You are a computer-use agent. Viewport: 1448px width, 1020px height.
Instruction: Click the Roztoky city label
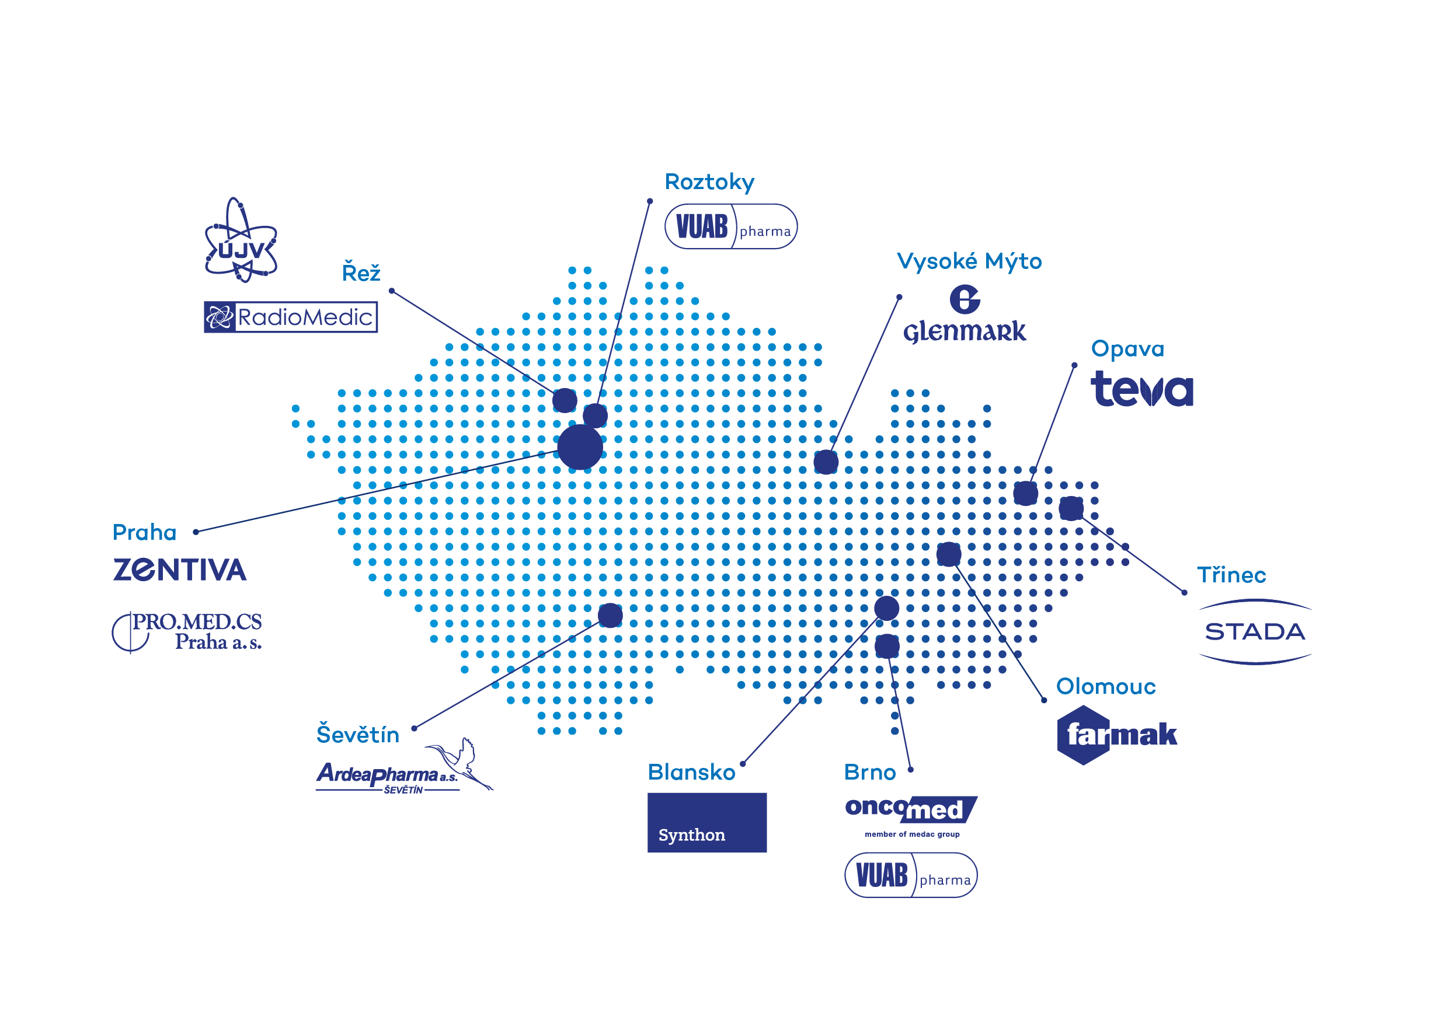[709, 182]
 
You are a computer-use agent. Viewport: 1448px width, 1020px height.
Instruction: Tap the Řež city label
[361, 272]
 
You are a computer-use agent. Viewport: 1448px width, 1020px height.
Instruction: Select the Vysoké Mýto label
[969, 261]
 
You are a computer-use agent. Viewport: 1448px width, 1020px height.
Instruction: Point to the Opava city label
[1127, 348]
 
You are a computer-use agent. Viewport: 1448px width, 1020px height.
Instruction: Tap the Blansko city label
[691, 772]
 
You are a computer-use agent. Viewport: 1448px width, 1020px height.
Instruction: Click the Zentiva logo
[180, 570]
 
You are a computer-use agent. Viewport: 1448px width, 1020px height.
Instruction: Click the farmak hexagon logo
[1117, 735]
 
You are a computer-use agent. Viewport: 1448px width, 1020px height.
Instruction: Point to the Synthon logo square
[707, 823]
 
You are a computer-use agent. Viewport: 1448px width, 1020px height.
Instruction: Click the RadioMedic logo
[291, 317]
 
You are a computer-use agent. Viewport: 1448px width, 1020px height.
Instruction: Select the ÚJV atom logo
[241, 240]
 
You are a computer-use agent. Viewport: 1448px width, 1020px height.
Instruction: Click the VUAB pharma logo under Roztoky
[731, 226]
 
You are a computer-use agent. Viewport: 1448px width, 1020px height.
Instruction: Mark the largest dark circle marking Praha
[580, 447]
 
